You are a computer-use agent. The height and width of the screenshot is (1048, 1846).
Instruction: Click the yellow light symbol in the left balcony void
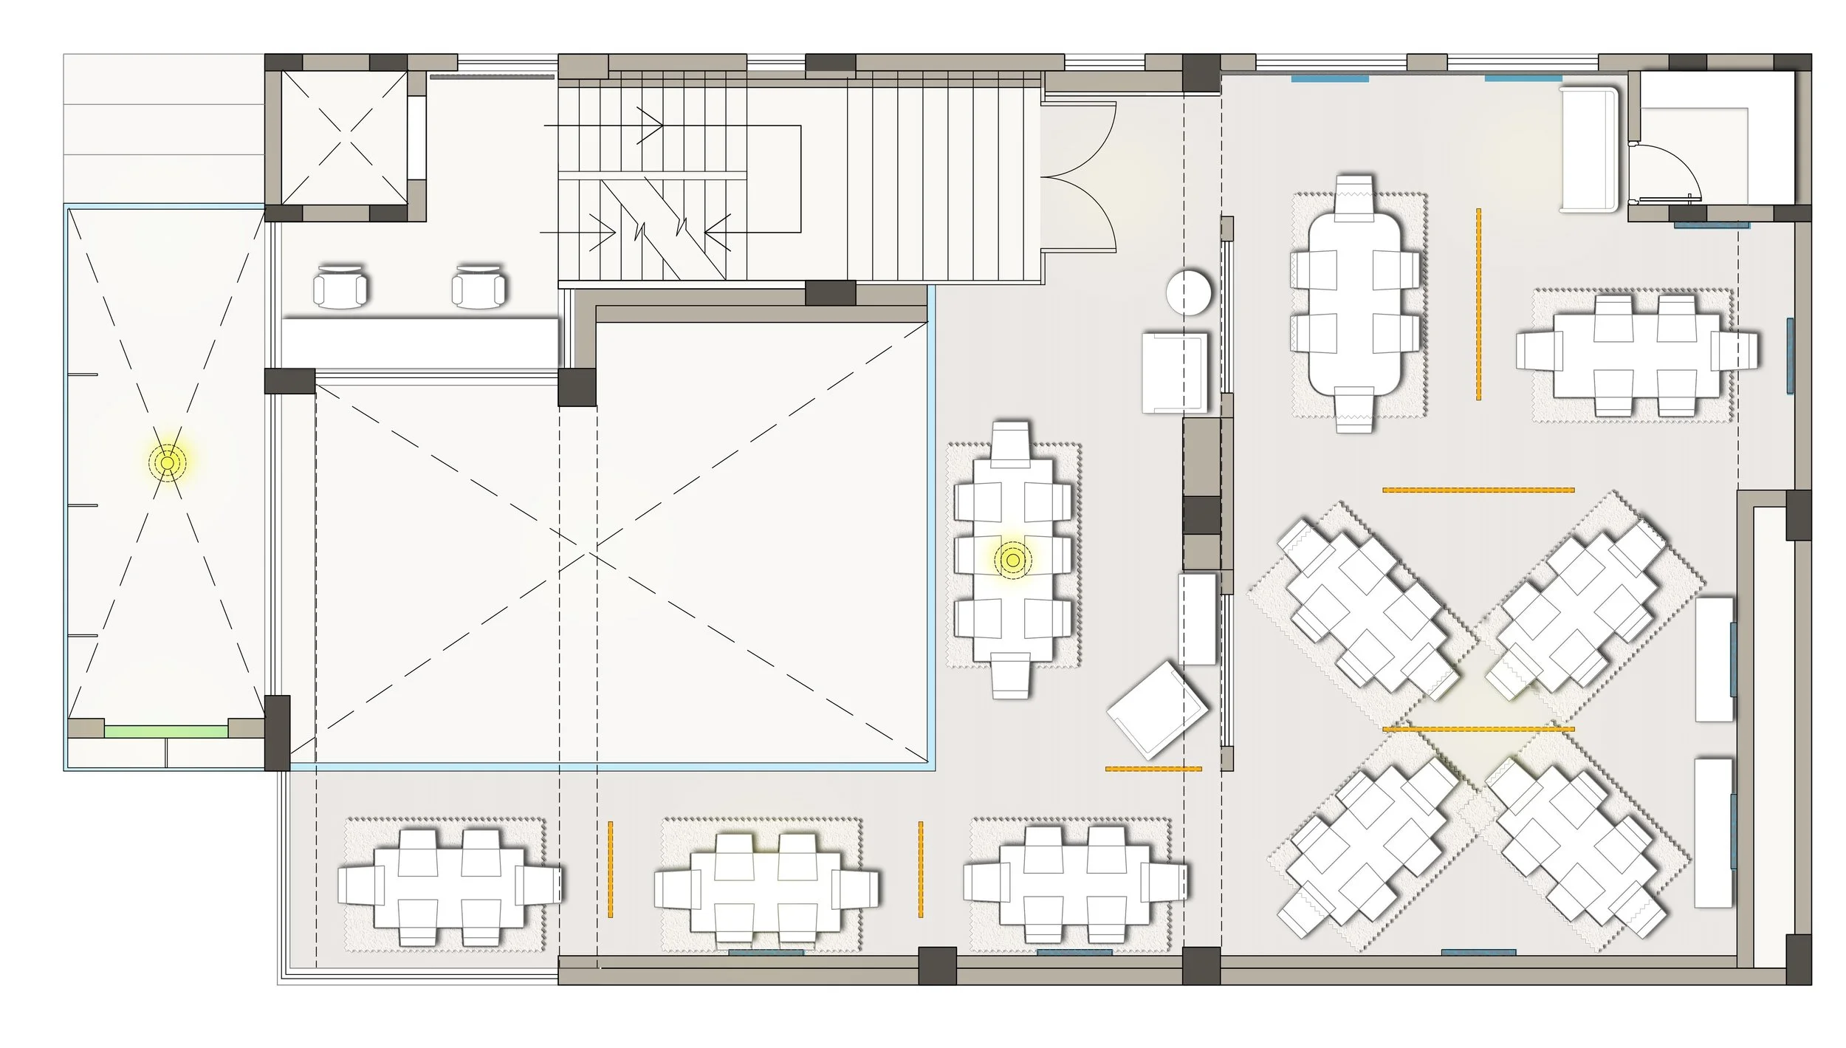[x=168, y=463]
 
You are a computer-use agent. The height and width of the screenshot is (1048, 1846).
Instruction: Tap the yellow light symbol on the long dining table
[x=1012, y=560]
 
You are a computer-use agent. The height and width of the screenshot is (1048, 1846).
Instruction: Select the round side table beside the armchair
[x=1188, y=292]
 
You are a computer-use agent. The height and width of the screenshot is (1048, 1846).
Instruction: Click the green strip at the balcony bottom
[x=165, y=731]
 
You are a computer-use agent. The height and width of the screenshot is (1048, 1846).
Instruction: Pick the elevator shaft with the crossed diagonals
[x=345, y=137]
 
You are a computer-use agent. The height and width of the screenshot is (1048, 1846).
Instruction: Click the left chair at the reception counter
[x=340, y=286]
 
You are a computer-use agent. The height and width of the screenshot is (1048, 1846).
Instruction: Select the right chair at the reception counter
[x=479, y=286]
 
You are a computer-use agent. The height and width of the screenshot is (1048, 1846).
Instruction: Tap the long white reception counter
[x=419, y=343]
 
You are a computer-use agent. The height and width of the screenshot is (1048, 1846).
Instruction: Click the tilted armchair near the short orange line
[x=1156, y=710]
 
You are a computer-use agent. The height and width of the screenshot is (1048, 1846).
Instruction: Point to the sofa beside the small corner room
[x=1589, y=149]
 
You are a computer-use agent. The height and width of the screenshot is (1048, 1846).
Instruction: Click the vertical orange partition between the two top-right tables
[x=1478, y=304]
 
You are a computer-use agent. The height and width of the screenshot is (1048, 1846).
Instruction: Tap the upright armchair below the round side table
[x=1175, y=372]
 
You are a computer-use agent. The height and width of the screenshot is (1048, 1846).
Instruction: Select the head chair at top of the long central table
[x=1011, y=442]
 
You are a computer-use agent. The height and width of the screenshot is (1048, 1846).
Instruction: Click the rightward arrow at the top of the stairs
[x=650, y=126]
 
